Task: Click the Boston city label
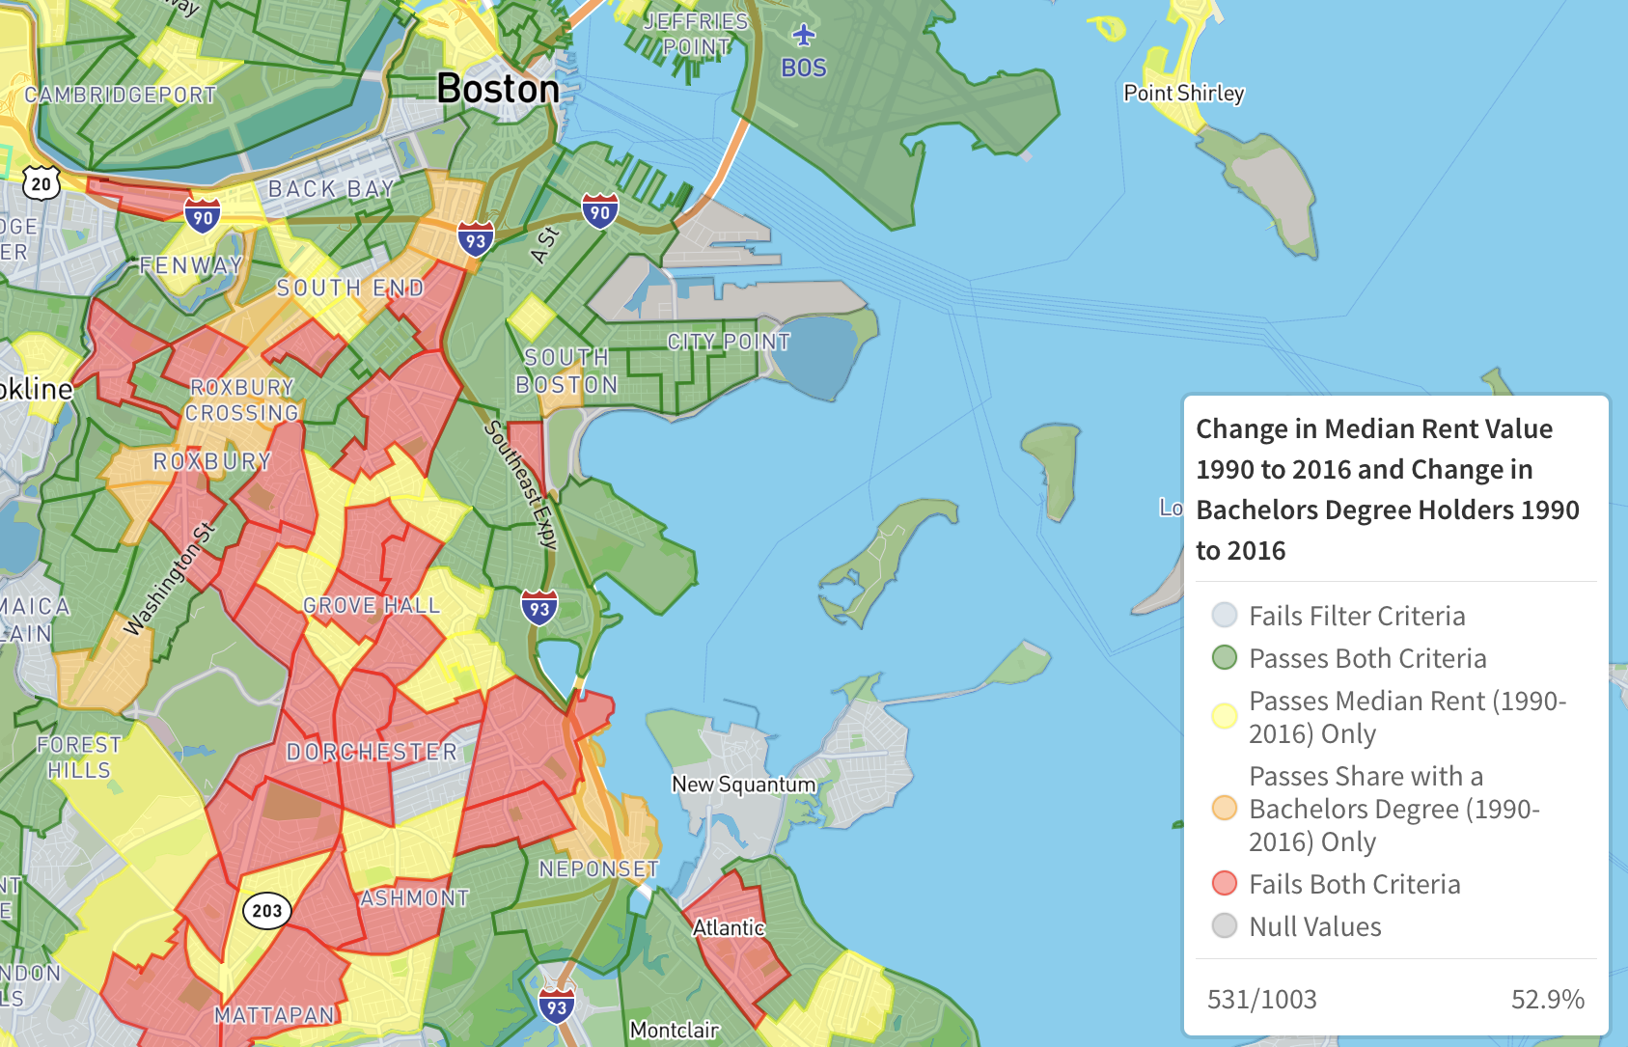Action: point(497,89)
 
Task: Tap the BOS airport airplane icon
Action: point(804,36)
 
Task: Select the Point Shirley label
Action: point(1183,94)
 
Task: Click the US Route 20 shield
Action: point(41,183)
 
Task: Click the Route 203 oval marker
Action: point(267,910)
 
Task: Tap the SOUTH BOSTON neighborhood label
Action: point(566,372)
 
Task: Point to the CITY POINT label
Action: point(729,342)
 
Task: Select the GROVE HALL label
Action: point(372,606)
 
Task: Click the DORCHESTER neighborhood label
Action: point(372,752)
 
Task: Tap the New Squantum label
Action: point(743,785)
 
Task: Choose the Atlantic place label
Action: point(729,927)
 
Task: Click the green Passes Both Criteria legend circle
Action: point(1224,658)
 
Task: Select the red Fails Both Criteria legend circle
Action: point(1224,883)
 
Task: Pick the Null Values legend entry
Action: point(1314,926)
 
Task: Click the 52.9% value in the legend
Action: point(1547,999)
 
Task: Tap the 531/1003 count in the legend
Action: point(1261,999)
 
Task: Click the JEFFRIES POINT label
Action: point(696,34)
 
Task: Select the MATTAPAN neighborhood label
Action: point(275,1014)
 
